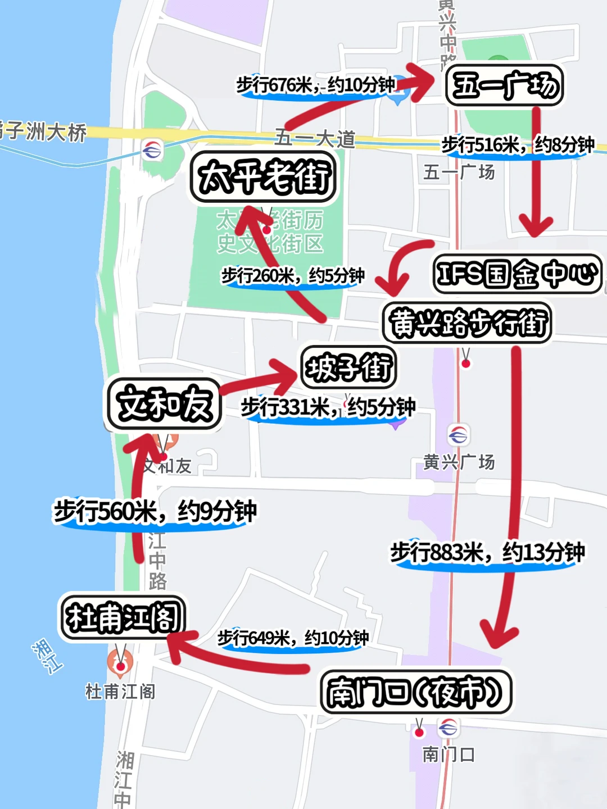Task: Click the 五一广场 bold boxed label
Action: pos(504,86)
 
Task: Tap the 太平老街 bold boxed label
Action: pos(264,177)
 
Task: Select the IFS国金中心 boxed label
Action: pos(517,274)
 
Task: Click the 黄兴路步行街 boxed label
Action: pos(467,323)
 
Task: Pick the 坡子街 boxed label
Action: pos(348,368)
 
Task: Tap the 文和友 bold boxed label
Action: pos(164,404)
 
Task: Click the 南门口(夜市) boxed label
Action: pos(416,692)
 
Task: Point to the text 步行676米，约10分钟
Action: pos(316,85)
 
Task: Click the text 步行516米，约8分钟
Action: pos(518,145)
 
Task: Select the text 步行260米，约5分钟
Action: pos(293,276)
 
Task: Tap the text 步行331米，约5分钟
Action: pos(328,407)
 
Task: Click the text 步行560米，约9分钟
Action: pos(155,511)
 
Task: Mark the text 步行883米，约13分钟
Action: pos(487,552)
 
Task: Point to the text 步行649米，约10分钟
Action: pos(293,638)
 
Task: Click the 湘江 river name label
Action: pos(47,656)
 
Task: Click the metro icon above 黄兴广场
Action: pos(458,434)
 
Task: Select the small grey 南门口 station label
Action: pos(449,755)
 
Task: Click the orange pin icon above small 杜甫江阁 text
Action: pos(120,663)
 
